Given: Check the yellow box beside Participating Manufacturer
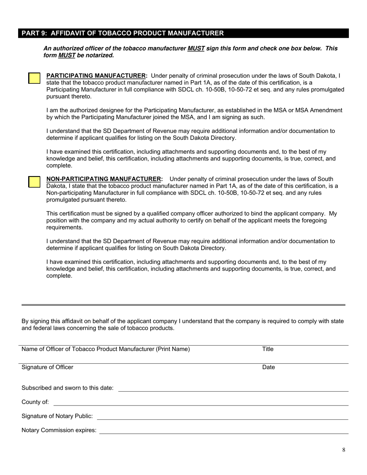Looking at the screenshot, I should (x=34, y=78).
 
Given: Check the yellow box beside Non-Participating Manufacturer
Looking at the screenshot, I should (x=34, y=182).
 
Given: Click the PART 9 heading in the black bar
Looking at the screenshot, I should (x=122, y=33).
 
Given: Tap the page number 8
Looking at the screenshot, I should (x=343, y=450).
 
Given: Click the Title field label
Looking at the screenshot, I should (x=268, y=349).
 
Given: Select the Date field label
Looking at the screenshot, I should (x=268, y=367).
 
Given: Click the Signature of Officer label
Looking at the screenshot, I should (x=47, y=367).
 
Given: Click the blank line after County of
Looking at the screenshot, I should (x=201, y=405).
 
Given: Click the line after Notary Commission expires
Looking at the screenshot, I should (x=224, y=433).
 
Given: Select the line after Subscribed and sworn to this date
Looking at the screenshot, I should (x=233, y=390).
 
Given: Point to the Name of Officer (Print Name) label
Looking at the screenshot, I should (x=105, y=349).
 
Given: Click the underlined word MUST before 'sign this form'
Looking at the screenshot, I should (x=196, y=49).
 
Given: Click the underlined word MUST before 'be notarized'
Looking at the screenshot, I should (x=66, y=56).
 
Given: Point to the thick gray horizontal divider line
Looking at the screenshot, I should (x=183, y=305).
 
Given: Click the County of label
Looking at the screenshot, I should (x=35, y=402).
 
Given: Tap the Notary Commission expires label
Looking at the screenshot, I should (x=59, y=430).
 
